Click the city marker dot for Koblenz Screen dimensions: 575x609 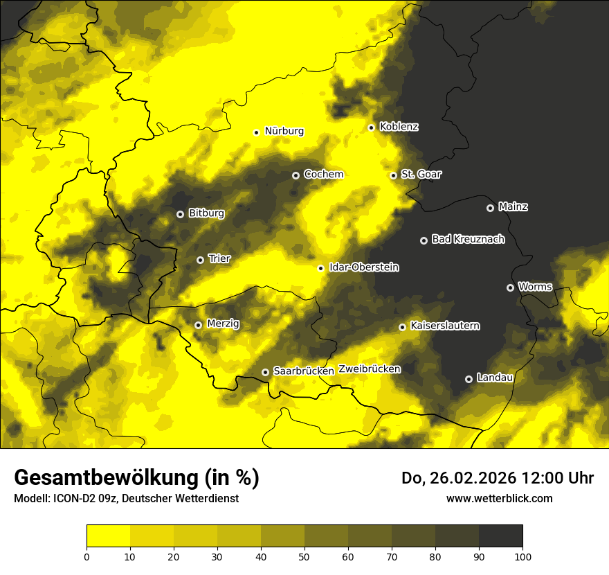point(372,127)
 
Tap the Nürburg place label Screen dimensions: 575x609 point(284,131)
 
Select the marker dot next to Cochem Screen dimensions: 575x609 point(296,175)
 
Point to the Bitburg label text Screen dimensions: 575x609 point(206,213)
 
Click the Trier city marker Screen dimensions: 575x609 point(200,260)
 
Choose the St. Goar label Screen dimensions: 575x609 point(421,174)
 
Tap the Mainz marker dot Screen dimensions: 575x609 point(490,208)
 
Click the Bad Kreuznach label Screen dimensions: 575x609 point(468,239)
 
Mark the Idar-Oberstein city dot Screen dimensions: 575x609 point(320,268)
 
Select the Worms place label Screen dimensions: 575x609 point(535,286)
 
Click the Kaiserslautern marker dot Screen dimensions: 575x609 point(402,327)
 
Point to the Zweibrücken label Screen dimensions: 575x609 point(370,369)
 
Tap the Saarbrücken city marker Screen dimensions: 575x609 point(265,372)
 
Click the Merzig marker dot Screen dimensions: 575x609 point(198,324)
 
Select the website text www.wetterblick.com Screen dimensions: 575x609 point(499,498)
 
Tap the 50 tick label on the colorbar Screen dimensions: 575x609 point(304,556)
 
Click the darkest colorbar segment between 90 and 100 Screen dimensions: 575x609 point(500,536)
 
